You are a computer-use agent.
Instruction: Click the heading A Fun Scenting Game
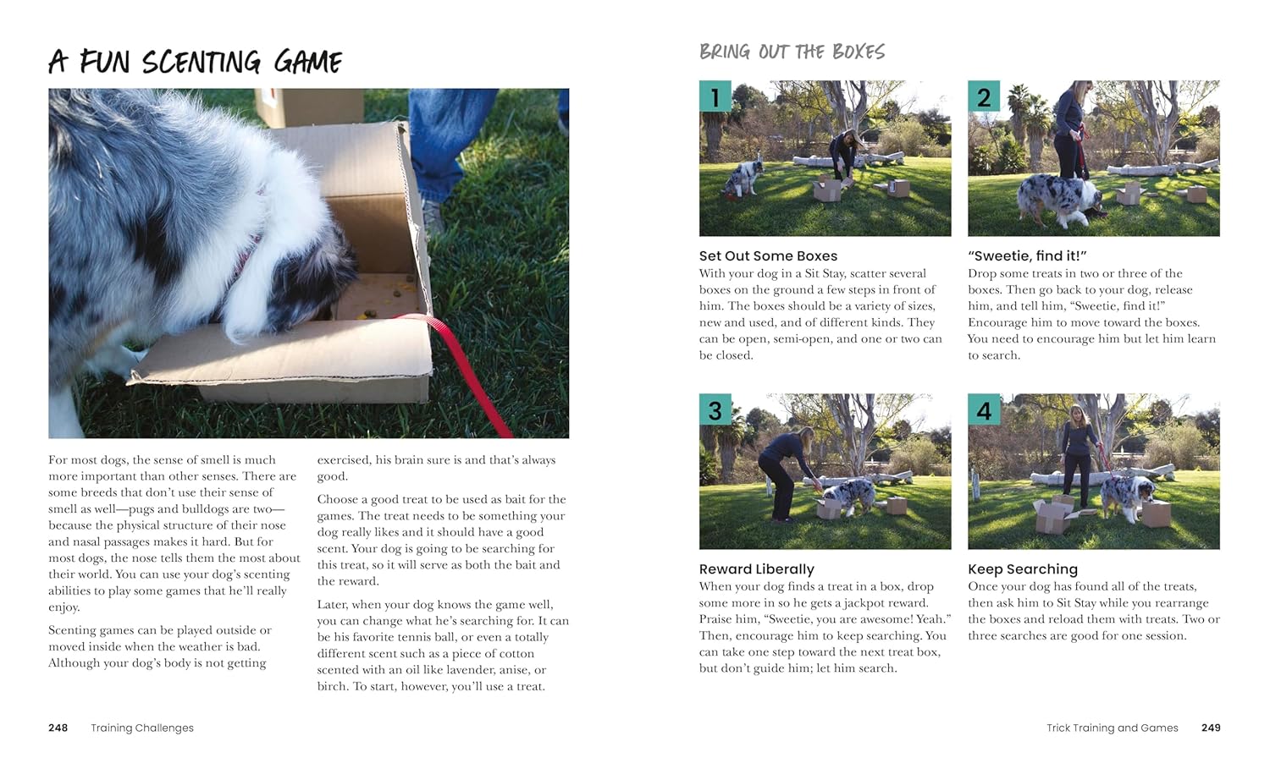point(196,62)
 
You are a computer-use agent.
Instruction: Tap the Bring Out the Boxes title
point(792,52)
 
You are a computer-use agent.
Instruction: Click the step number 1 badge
point(715,96)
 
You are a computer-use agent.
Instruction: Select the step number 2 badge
point(984,96)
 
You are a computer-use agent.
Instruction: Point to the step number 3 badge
point(715,409)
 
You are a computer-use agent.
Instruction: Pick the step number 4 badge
point(984,409)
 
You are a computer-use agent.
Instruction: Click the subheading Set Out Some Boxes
point(768,255)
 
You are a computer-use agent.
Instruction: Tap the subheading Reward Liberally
point(756,568)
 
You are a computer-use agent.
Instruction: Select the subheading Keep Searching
point(1023,568)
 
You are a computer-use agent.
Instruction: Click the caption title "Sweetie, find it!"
point(1027,255)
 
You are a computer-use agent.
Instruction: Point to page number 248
point(58,728)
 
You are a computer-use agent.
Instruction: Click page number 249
point(1211,728)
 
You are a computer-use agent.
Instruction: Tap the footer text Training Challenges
point(142,728)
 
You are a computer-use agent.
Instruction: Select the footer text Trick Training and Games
point(1112,728)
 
